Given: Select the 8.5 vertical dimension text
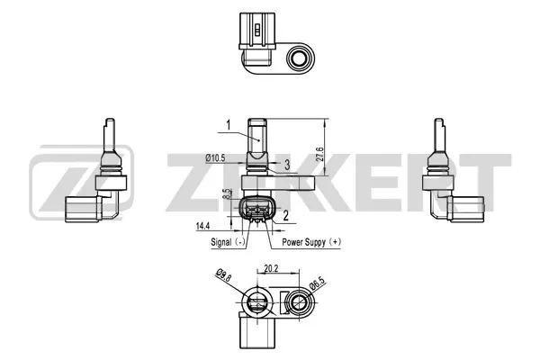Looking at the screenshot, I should (x=228, y=193).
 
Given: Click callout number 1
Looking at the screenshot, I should (x=229, y=124).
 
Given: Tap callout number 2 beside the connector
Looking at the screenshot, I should (x=284, y=216).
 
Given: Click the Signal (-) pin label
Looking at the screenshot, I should (x=229, y=242).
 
